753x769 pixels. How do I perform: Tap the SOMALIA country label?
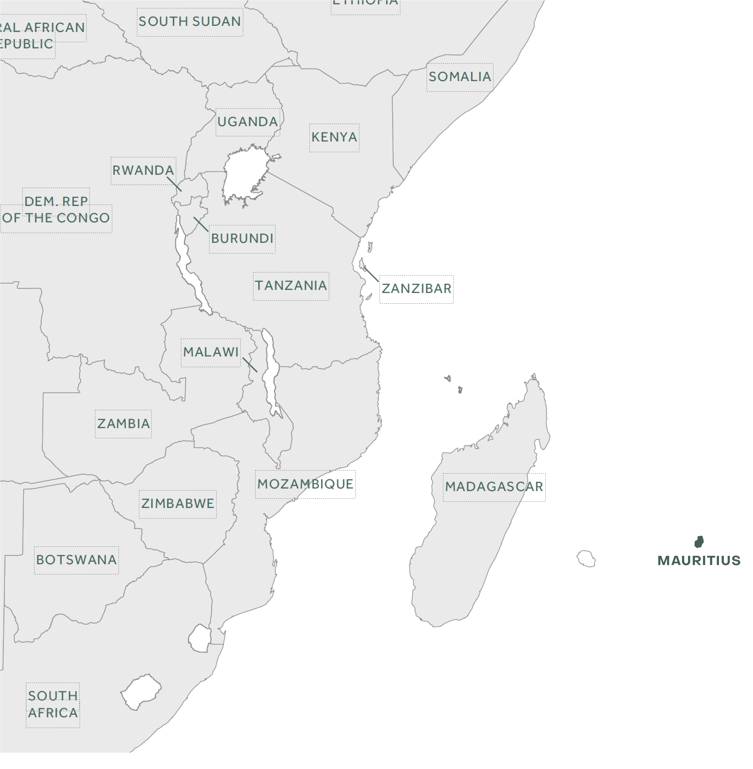click(x=460, y=77)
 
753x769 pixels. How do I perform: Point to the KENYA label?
click(x=334, y=137)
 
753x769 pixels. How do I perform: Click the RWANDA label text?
click(x=143, y=170)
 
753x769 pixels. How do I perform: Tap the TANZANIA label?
click(x=291, y=286)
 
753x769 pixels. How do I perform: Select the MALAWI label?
click(x=211, y=352)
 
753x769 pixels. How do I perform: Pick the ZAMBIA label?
click(x=123, y=424)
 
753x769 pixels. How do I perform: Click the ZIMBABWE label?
click(x=178, y=504)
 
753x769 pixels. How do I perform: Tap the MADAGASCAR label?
click(x=494, y=486)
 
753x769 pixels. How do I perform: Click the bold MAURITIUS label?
click(x=699, y=560)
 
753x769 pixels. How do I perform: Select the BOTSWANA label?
click(x=76, y=560)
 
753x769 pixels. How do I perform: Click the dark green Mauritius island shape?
click(x=699, y=541)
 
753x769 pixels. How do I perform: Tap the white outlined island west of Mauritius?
click(x=586, y=559)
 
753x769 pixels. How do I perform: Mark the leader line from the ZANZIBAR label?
click(x=371, y=275)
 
